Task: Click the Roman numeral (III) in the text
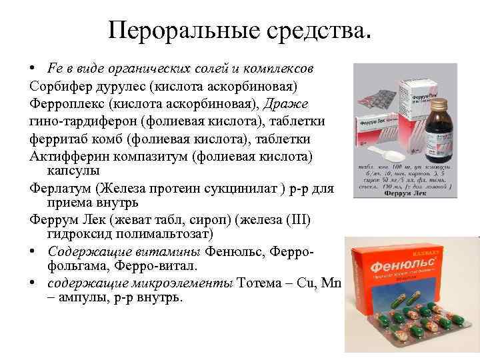click(302, 220)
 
